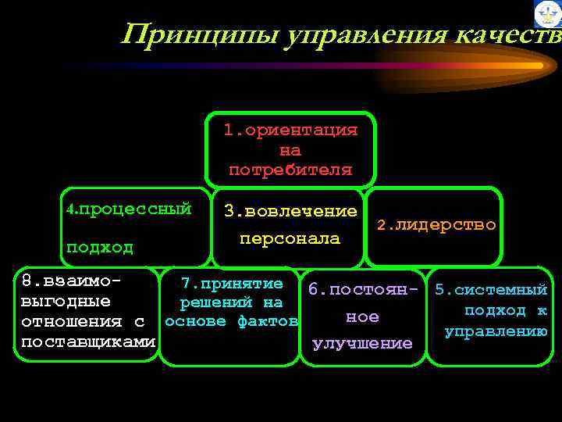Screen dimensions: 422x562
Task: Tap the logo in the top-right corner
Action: (547, 14)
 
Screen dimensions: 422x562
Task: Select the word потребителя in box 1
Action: (290, 170)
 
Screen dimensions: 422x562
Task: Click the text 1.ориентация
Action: (290, 130)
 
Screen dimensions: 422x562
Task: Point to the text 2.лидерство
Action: (436, 225)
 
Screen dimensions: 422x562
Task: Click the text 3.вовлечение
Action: (290, 212)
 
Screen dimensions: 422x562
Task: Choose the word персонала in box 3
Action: (290, 238)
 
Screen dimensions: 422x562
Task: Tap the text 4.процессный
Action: (129, 209)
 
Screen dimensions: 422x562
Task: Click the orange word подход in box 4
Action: (99, 248)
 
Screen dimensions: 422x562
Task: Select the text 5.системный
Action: (491, 290)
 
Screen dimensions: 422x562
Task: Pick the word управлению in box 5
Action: (495, 331)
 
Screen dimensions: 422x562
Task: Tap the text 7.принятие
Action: (231, 284)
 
